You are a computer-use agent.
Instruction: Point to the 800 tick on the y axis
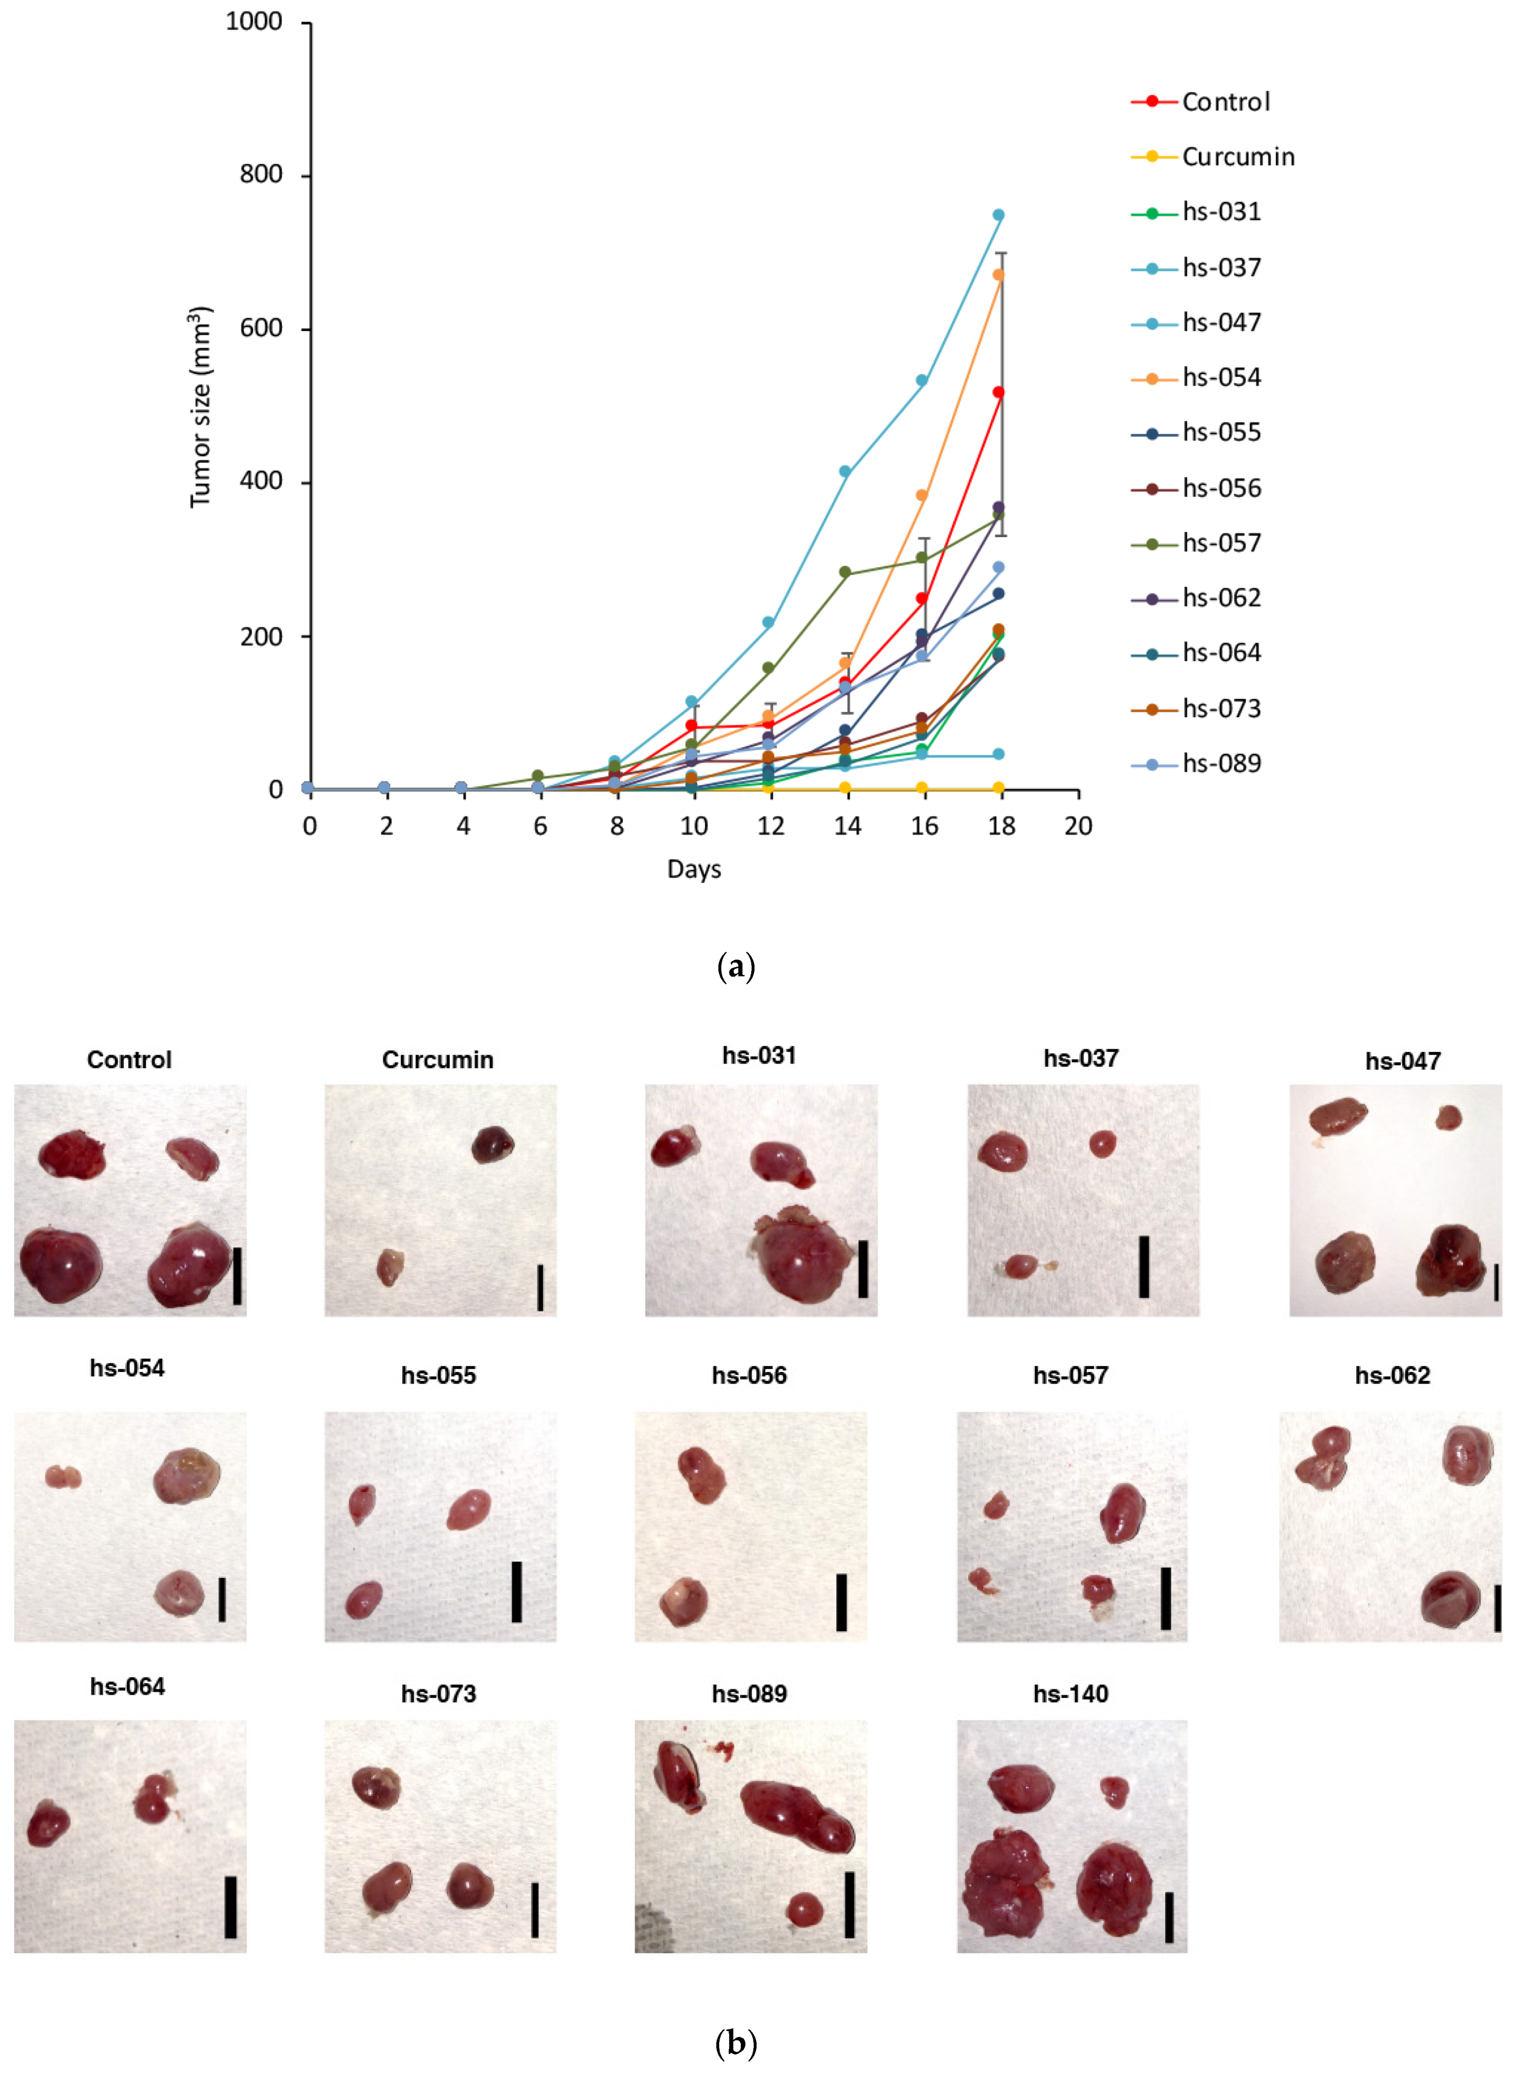261,174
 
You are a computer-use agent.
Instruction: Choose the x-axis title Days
694,869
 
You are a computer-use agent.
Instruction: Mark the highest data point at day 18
998,215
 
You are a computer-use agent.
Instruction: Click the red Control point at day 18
998,392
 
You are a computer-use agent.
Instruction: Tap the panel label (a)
735,967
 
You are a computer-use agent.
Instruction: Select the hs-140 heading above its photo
1070,1694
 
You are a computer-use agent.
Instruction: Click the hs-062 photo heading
1392,1376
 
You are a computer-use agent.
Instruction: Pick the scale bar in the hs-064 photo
231,1907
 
